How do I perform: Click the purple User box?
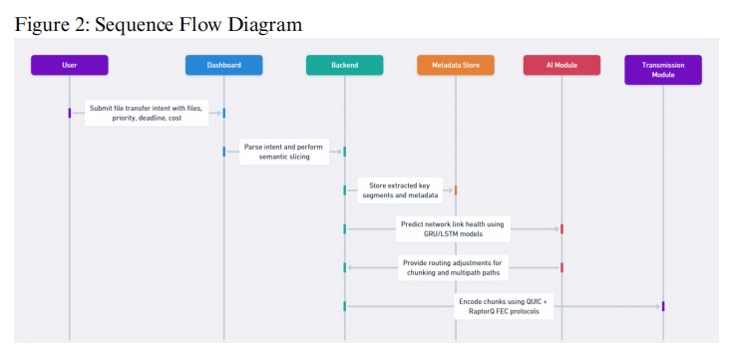click(x=69, y=65)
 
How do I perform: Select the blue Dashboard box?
click(x=223, y=65)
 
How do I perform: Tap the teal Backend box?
click(x=344, y=65)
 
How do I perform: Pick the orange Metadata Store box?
click(x=455, y=65)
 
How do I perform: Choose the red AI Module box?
click(x=561, y=65)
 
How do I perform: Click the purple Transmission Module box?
click(x=663, y=69)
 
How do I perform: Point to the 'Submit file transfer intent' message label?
click(x=147, y=113)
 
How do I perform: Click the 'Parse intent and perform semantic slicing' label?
click(x=283, y=152)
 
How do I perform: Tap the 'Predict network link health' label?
click(x=453, y=229)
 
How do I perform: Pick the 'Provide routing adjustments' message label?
click(x=454, y=267)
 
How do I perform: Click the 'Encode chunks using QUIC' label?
click(x=503, y=305)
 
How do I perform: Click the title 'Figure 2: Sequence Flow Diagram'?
click(x=159, y=23)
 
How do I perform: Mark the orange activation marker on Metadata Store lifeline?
click(x=456, y=189)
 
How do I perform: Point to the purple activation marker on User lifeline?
click(x=70, y=113)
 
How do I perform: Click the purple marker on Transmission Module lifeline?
click(x=663, y=305)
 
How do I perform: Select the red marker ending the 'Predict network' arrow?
click(x=561, y=229)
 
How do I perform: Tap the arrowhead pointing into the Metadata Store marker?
click(x=450, y=189)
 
